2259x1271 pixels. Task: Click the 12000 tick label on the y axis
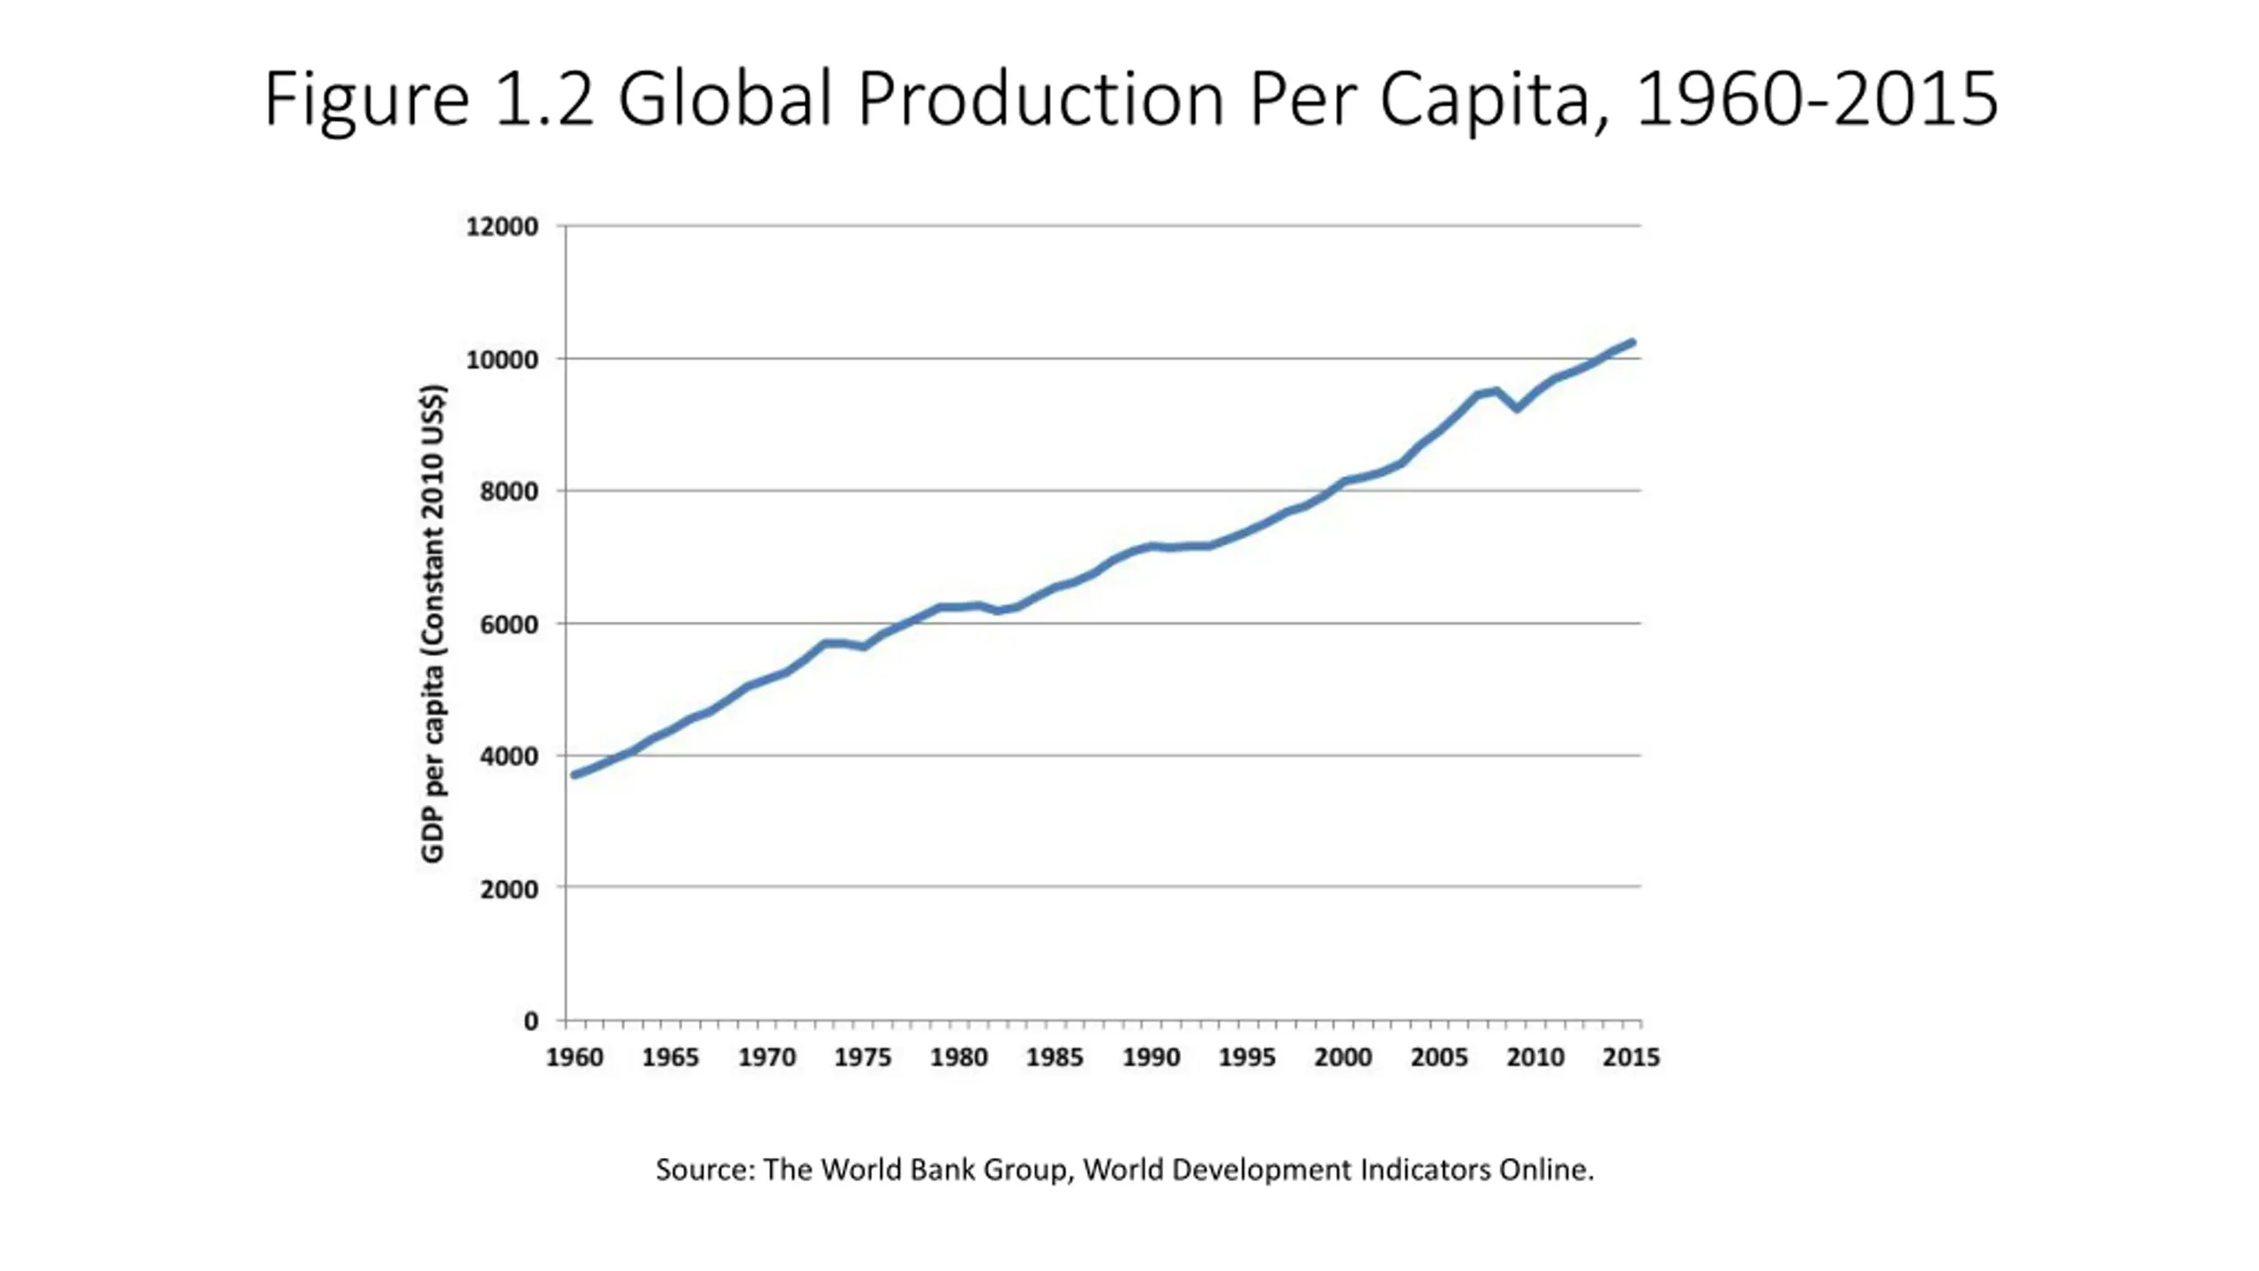pyautogui.click(x=501, y=227)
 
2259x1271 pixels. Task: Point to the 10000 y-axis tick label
pyautogui.click(x=501, y=359)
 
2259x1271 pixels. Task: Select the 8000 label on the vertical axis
pyautogui.click(x=508, y=492)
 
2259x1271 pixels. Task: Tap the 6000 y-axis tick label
pyautogui.click(x=508, y=624)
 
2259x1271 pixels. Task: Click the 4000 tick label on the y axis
pyautogui.click(x=508, y=756)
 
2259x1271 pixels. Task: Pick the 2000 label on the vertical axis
pyautogui.click(x=508, y=889)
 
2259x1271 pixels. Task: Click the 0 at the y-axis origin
pyautogui.click(x=530, y=1021)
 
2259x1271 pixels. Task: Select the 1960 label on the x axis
pyautogui.click(x=574, y=1057)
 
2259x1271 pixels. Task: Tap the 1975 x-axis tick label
pyautogui.click(x=862, y=1057)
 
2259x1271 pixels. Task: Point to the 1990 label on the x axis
pyautogui.click(x=1151, y=1057)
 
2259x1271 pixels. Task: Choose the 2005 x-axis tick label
pyautogui.click(x=1438, y=1057)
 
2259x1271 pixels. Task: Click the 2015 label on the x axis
pyautogui.click(x=1631, y=1057)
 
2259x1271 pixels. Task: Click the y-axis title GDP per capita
pyautogui.click(x=432, y=623)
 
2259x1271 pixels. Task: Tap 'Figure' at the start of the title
pyautogui.click(x=366, y=99)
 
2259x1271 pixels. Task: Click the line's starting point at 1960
pyautogui.click(x=574, y=775)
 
